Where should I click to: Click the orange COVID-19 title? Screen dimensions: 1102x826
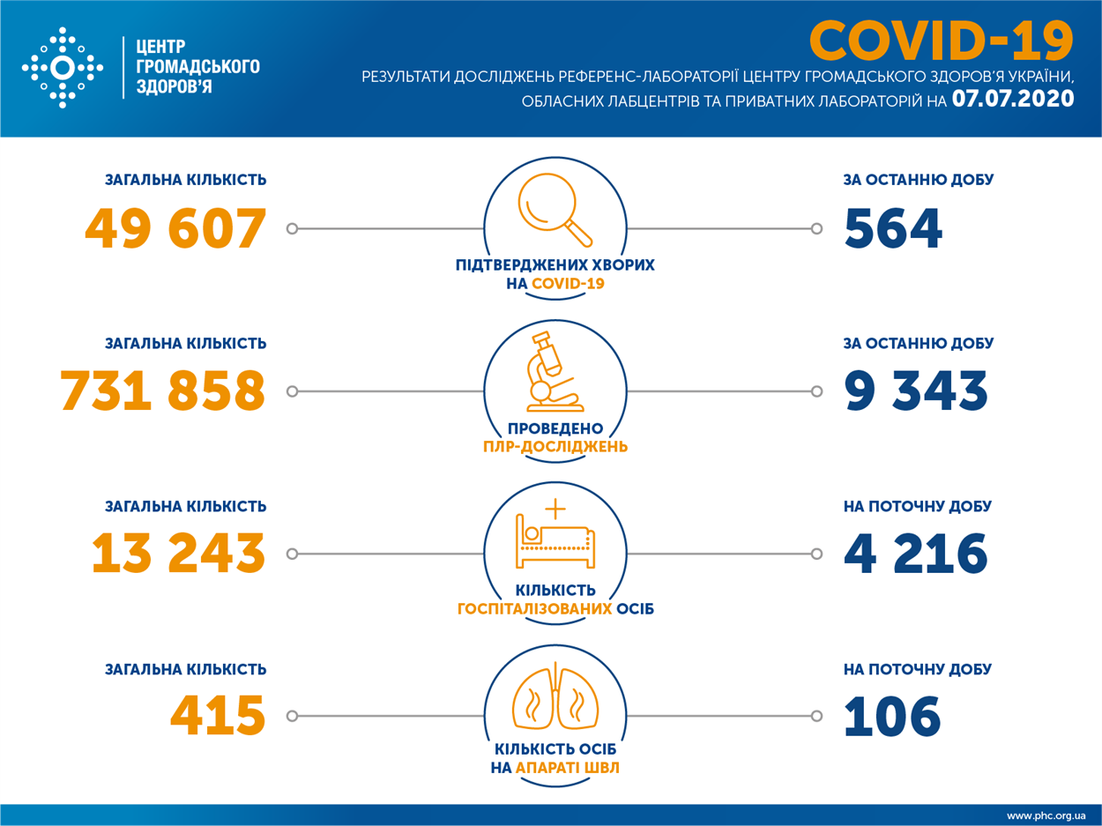942,41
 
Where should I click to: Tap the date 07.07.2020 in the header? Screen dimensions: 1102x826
1013,99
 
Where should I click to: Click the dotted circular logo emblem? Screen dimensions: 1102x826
63,68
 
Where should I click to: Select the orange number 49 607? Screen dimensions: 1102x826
175,229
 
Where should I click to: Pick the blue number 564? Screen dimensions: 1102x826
893,229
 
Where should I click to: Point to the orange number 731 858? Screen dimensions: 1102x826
163,391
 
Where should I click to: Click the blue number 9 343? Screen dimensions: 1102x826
916,391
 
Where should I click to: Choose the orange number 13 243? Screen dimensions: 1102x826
178,553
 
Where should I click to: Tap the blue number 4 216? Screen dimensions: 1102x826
916,553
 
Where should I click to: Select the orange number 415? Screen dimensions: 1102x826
218,716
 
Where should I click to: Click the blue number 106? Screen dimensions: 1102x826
892,716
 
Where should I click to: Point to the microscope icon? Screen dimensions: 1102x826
555,372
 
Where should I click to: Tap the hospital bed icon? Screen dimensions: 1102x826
555,534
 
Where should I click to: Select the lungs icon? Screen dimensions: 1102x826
555,696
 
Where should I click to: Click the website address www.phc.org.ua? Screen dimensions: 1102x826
1046,815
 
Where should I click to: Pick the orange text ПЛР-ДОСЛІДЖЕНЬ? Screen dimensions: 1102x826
555,447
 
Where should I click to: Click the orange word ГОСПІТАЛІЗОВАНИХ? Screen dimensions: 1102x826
534,609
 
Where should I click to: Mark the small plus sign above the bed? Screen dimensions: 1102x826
555,509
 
